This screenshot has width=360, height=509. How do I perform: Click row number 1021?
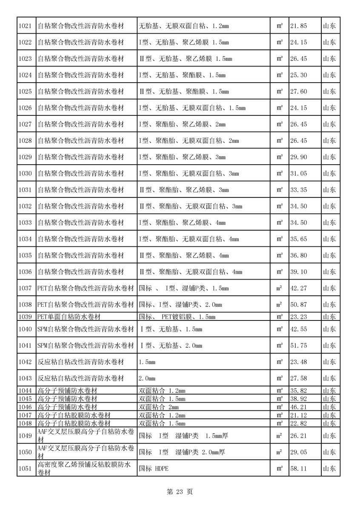click(26, 26)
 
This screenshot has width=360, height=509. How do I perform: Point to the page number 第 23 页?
click(180, 492)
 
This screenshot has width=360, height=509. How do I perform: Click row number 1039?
click(26, 317)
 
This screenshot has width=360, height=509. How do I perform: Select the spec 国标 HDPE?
click(154, 469)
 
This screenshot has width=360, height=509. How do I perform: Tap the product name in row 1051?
click(83, 469)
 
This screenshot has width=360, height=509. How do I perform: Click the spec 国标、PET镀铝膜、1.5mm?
click(177, 317)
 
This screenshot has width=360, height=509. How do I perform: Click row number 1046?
click(26, 407)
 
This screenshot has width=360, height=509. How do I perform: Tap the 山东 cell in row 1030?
click(329, 174)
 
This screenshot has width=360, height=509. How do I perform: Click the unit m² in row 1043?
click(280, 378)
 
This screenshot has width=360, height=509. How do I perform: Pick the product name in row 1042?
click(81, 362)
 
